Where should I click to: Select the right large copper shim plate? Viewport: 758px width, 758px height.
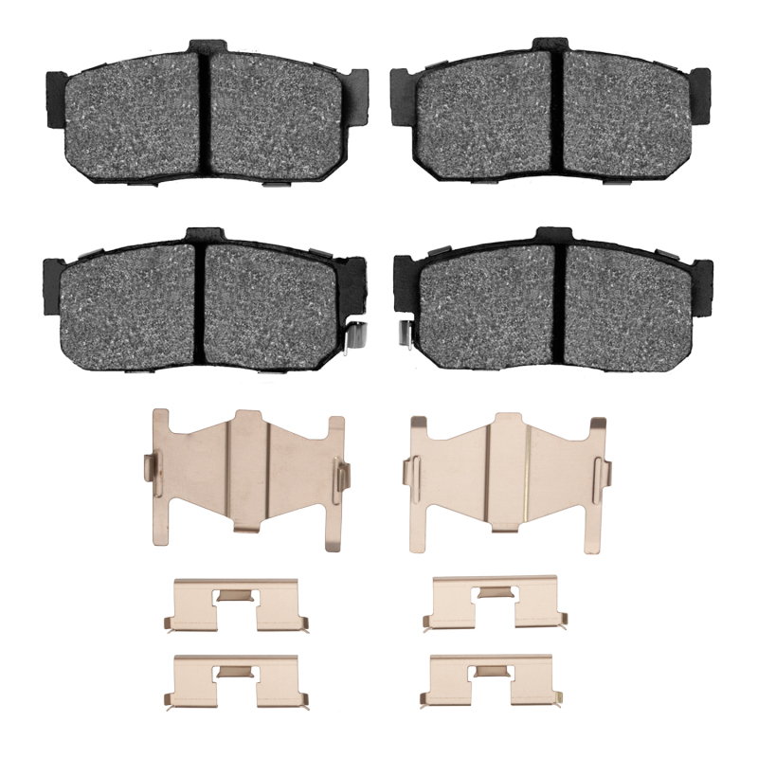coord(504,474)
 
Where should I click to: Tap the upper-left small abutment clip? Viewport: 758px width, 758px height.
coord(236,606)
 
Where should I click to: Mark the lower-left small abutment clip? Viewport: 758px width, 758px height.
coord(236,681)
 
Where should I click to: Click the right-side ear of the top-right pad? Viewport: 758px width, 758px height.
coord(700,95)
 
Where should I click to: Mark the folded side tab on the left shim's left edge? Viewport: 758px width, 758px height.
coord(149,469)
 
